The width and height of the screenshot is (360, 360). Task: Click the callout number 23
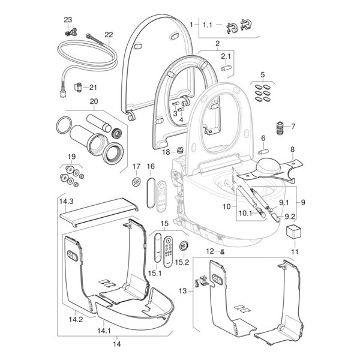(x=68, y=19)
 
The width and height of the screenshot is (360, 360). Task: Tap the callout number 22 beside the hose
(x=109, y=35)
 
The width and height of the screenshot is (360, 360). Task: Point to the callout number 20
(x=93, y=101)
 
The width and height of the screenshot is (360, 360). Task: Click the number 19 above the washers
(x=71, y=157)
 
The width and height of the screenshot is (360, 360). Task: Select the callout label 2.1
(x=226, y=56)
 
